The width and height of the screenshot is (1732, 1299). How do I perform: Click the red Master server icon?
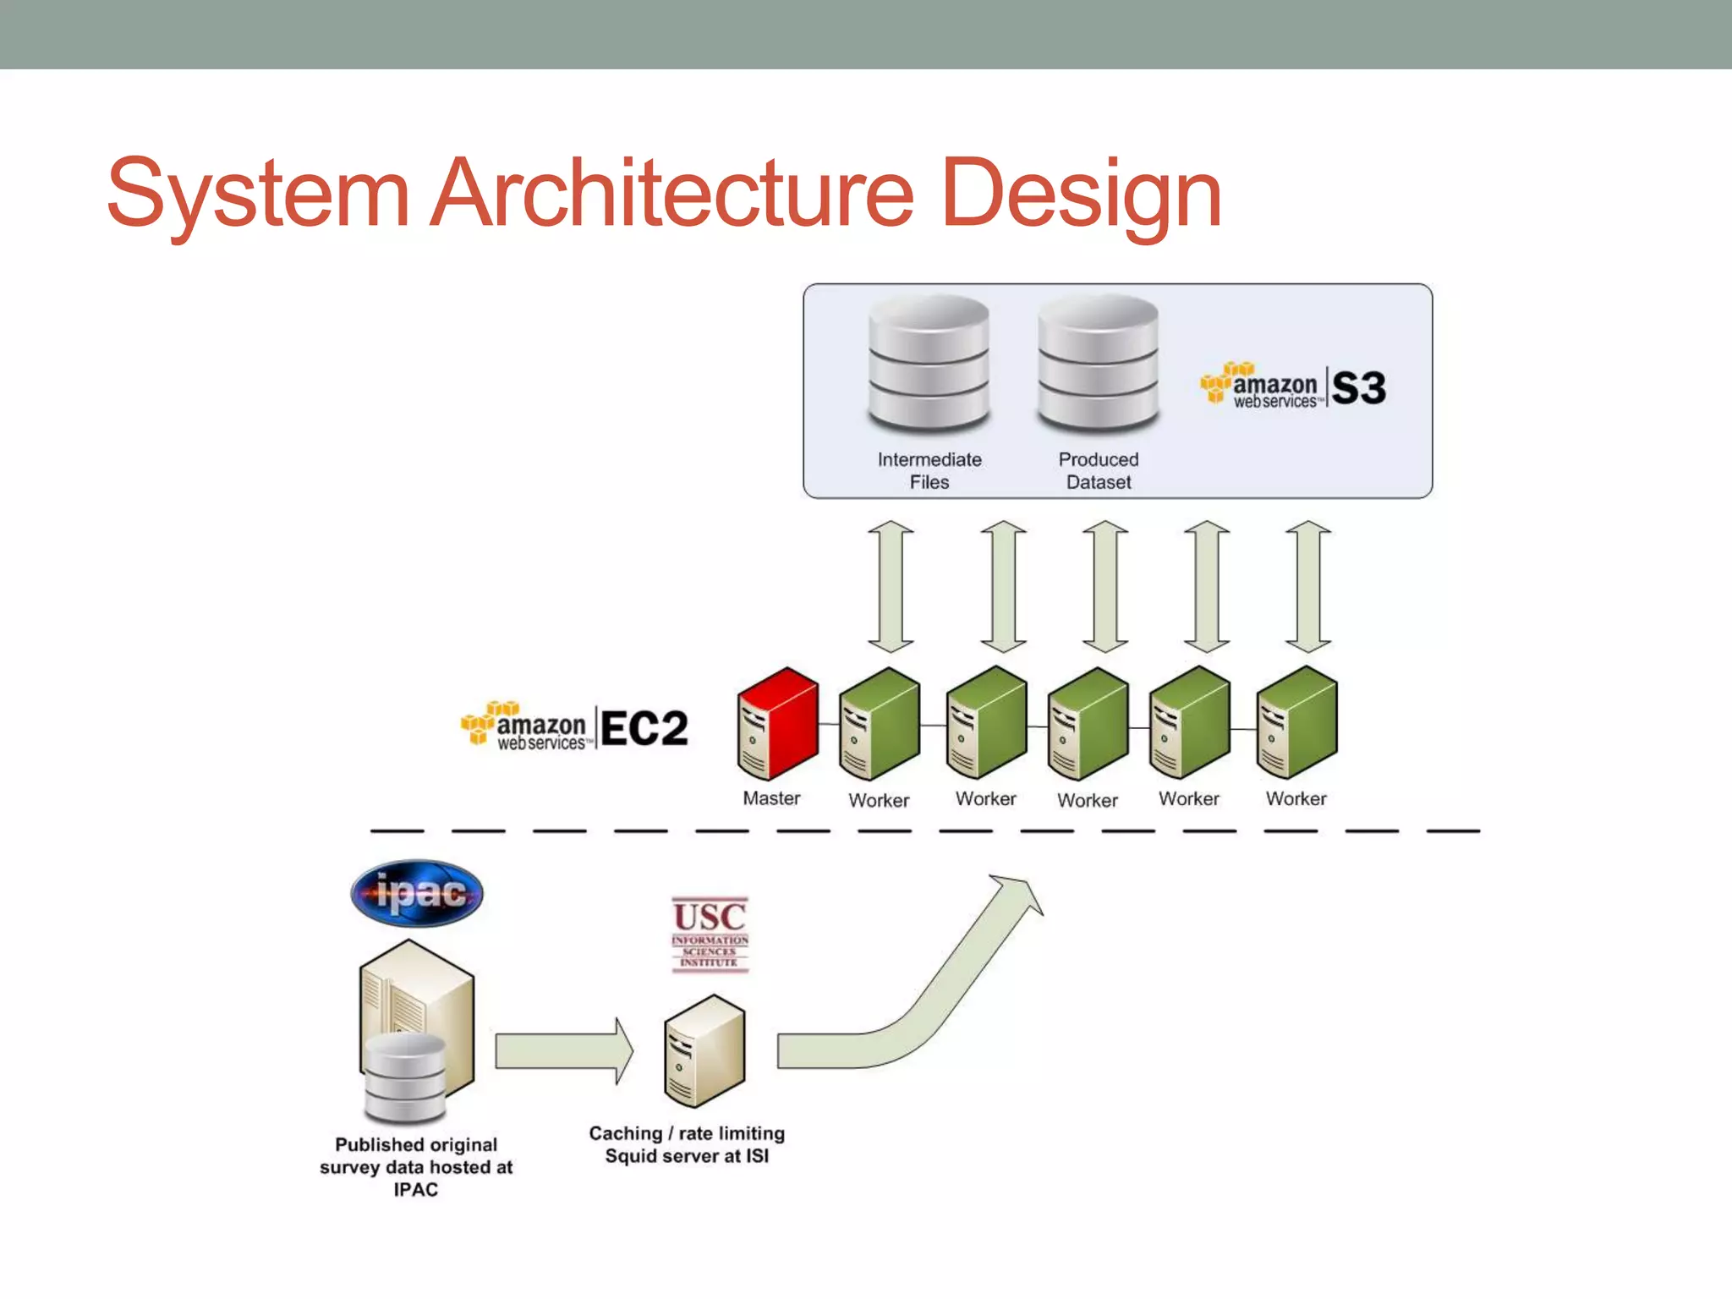[x=778, y=723]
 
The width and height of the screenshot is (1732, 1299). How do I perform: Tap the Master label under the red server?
[x=771, y=798]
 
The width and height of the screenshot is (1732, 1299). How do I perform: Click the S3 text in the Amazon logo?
[x=1358, y=388]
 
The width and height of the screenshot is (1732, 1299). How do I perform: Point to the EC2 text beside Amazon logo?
[x=644, y=728]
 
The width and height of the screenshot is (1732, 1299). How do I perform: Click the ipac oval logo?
[x=417, y=893]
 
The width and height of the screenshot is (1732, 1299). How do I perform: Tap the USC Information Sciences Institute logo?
[x=710, y=935]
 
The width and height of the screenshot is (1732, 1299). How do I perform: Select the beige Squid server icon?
[x=704, y=1051]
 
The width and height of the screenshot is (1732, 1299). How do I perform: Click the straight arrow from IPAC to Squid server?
[x=563, y=1051]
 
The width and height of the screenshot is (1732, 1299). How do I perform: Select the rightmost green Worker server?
[x=1296, y=723]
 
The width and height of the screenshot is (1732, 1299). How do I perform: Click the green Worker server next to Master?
[x=880, y=723]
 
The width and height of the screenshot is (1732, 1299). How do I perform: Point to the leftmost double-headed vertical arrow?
[x=891, y=586]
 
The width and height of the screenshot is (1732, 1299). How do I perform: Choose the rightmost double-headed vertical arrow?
[x=1308, y=586]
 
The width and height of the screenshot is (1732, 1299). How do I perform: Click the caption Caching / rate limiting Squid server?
[x=687, y=1144]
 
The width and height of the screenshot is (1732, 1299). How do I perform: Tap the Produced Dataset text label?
[x=1098, y=470]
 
